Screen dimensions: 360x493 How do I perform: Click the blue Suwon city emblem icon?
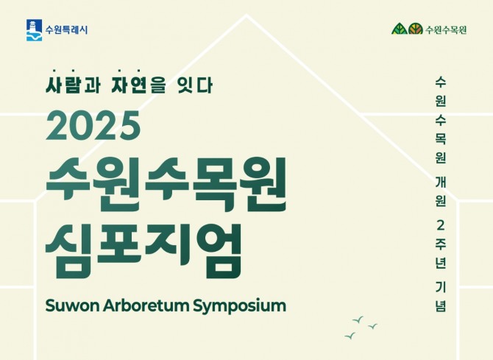click(34, 30)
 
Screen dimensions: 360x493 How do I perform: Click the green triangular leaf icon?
click(398, 30)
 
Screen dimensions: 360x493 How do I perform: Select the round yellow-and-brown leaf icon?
click(416, 30)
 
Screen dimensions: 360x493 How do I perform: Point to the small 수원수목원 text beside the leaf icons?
click(446, 30)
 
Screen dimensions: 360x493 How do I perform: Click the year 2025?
click(93, 127)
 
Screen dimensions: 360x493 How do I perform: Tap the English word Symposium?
click(237, 306)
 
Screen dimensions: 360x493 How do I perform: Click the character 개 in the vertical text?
click(441, 181)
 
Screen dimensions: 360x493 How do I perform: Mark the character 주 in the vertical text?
click(441, 244)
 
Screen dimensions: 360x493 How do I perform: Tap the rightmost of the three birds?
click(373, 325)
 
